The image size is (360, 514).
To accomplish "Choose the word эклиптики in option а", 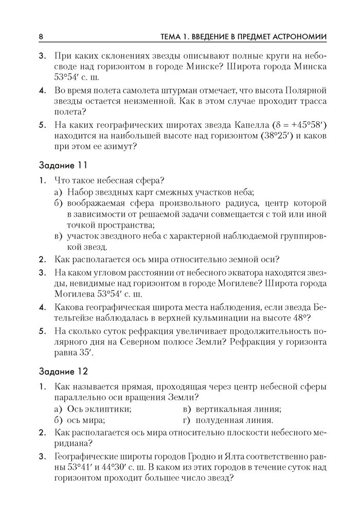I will tap(110, 409).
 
